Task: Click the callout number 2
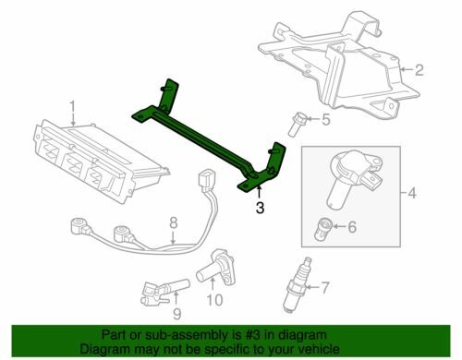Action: point(418,68)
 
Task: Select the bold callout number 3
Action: point(261,208)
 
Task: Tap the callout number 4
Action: point(412,193)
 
